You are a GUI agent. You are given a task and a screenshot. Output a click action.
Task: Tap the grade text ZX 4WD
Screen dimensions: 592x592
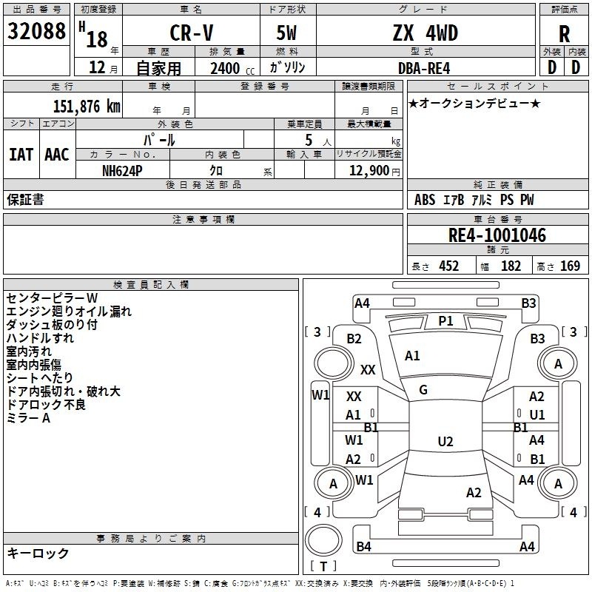coord(425,33)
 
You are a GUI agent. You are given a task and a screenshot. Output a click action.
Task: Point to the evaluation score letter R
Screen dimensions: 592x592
coord(564,34)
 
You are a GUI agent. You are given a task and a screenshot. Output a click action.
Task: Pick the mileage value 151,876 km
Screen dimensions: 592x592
coord(86,106)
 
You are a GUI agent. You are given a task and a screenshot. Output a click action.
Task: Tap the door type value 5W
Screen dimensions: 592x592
coord(287,33)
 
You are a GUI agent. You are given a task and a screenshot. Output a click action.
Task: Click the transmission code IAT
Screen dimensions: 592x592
coord(21,154)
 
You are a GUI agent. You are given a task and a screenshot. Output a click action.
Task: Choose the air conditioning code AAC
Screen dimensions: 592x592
coord(56,154)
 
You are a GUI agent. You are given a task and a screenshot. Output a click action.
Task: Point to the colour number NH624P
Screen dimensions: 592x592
coord(122,170)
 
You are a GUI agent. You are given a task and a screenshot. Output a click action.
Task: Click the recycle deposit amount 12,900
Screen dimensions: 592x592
coord(369,170)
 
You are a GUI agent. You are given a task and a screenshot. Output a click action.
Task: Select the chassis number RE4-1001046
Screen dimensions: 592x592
coord(497,235)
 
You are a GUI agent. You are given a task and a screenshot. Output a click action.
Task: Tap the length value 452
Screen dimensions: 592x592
coord(448,266)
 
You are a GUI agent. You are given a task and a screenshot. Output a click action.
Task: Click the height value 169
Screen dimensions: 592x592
coord(570,266)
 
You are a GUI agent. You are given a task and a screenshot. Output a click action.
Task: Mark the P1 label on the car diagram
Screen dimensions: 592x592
coord(445,320)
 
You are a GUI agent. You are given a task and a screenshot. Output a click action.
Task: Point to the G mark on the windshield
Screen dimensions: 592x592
coord(423,389)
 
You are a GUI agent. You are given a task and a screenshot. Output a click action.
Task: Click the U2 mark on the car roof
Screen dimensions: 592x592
coord(445,442)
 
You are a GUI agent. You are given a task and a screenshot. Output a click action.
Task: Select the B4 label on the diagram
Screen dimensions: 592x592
coord(363,547)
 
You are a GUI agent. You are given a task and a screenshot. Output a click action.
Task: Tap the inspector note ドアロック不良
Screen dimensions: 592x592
coord(46,405)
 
